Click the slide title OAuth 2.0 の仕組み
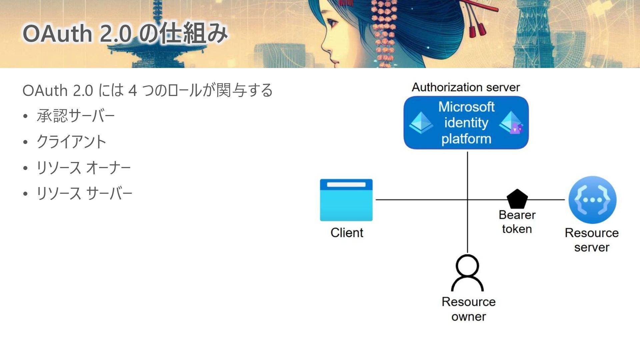[125, 33]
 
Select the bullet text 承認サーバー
[76, 116]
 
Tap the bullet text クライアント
[71, 142]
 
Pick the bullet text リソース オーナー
[83, 168]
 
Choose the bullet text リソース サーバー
[84, 193]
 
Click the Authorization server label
[466, 87]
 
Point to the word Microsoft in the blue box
[466, 107]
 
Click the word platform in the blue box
[466, 139]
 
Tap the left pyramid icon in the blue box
[421, 123]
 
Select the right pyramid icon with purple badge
[511, 123]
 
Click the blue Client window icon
[346, 200]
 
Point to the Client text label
[347, 233]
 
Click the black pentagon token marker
[517, 199]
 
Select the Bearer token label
[517, 222]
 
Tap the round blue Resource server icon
[592, 200]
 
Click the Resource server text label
[592, 240]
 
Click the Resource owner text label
[468, 309]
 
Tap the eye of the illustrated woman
[332, 23]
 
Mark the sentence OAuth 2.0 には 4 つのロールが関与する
[147, 90]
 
